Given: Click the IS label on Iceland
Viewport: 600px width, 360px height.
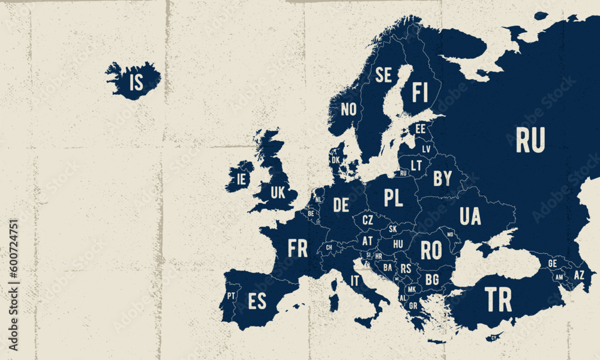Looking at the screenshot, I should coord(137,82).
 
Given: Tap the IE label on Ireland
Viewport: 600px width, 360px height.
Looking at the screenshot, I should coord(242,178).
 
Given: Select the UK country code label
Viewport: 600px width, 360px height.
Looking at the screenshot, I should coord(278,193).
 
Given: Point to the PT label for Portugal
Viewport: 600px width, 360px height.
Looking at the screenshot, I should coord(231,295).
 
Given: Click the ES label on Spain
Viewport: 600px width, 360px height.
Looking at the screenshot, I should coord(257,301).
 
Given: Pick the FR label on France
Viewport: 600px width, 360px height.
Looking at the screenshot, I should coord(298,248).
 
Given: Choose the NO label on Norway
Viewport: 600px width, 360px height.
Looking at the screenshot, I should coord(349,109).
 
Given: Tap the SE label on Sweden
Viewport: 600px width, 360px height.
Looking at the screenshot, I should coord(383,75).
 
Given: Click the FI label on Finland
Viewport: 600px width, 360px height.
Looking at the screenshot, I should coord(420,93).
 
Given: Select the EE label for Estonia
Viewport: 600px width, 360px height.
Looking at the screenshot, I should coord(420,128).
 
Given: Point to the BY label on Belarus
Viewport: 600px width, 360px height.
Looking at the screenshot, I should coord(442,178).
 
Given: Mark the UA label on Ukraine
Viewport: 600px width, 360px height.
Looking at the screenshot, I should coord(470,216).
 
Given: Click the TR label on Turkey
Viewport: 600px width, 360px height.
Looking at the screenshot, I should coord(498,299).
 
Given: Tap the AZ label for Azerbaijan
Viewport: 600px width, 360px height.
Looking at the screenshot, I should coord(578,275).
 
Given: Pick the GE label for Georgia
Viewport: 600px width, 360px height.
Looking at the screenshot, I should coord(553,263).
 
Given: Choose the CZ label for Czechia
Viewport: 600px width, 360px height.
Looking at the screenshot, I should coord(367,220).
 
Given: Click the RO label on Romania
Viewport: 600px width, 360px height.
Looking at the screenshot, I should coord(431,250).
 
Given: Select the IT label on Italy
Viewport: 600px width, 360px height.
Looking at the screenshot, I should coord(355,280).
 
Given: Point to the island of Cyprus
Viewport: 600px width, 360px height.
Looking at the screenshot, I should coord(494,337).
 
